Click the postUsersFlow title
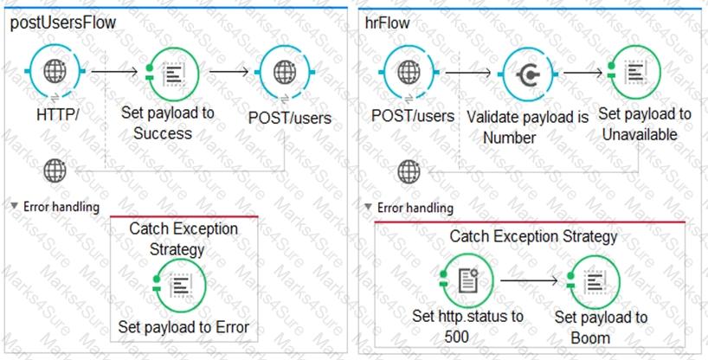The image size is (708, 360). pyautogui.click(x=63, y=22)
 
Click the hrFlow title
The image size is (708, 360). pyautogui.click(x=388, y=23)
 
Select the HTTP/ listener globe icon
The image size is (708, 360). pyautogui.click(x=55, y=71)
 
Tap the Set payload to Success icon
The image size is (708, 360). pyautogui.click(x=172, y=74)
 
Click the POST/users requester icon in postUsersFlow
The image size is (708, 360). pyautogui.click(x=285, y=73)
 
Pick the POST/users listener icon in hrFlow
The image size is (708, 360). pyautogui.click(x=409, y=73)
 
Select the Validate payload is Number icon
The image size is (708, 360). pyautogui.click(x=528, y=74)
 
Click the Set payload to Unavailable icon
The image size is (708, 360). pyautogui.click(x=634, y=73)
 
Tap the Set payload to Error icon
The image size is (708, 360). pyautogui.click(x=179, y=286)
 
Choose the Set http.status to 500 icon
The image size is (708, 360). pyautogui.click(x=467, y=281)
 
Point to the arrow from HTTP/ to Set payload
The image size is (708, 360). pyautogui.click(x=114, y=71)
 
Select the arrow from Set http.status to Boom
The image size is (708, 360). pyautogui.click(x=529, y=281)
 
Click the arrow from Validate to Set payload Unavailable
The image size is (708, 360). pyautogui.click(x=582, y=73)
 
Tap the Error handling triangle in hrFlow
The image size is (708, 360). pyautogui.click(x=369, y=207)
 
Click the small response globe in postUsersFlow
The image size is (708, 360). pyautogui.click(x=55, y=170)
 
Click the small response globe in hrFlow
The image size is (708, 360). pyautogui.click(x=409, y=171)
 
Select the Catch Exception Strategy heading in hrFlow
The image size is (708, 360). pyautogui.click(x=533, y=237)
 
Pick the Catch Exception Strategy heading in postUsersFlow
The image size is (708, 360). pyautogui.click(x=183, y=239)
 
